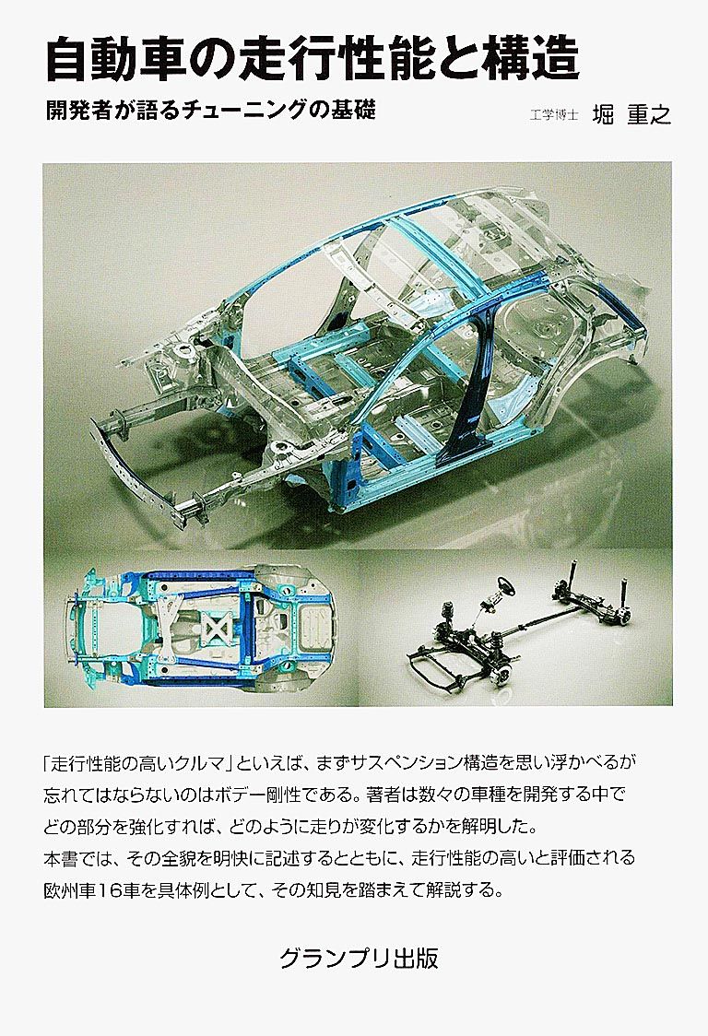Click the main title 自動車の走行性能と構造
(x=312, y=59)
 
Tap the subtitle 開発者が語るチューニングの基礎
(x=211, y=109)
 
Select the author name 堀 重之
(x=631, y=114)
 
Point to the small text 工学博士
(x=554, y=115)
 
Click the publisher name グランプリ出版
(x=359, y=958)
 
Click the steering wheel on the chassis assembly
(x=505, y=583)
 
